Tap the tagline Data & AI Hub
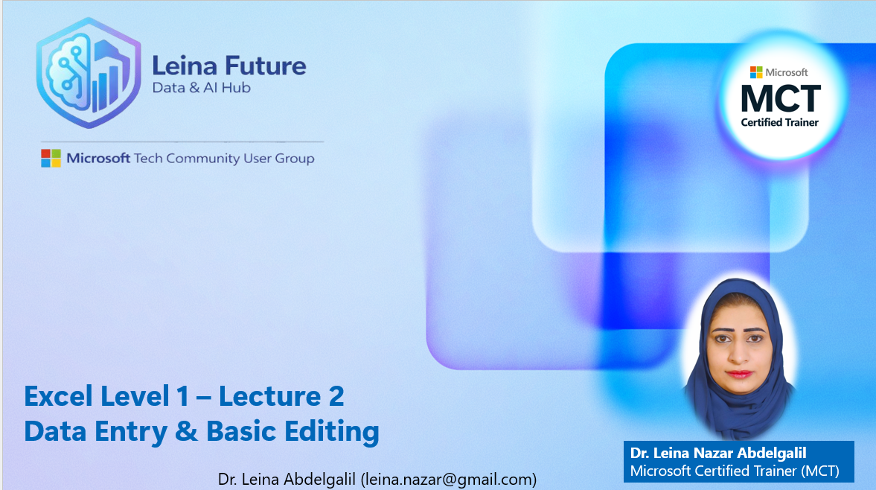pos(201,88)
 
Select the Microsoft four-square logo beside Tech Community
pos(51,158)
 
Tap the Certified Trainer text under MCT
pos(779,122)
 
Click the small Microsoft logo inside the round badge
pos(756,72)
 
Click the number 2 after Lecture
pos(335,396)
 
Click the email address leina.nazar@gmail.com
pos(448,479)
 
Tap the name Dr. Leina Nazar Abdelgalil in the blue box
pos(718,453)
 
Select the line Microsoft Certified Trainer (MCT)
pos(734,471)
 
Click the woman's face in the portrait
pos(739,350)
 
